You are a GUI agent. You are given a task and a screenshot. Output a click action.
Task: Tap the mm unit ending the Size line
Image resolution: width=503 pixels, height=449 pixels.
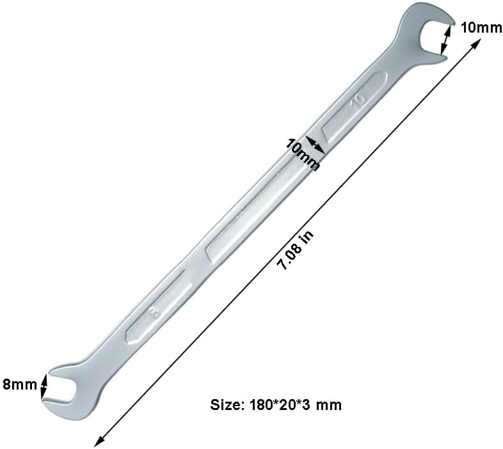pos(331,405)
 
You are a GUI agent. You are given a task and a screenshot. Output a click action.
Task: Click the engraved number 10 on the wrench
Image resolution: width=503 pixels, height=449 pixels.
pos(356,100)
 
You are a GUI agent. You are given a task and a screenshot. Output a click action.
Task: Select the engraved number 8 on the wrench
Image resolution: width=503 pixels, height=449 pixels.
pos(153,313)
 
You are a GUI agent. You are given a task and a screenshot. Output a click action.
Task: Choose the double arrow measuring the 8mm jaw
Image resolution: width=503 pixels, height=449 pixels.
pos(44,385)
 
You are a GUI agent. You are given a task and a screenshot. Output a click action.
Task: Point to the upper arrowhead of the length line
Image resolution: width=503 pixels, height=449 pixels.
pos(476,43)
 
